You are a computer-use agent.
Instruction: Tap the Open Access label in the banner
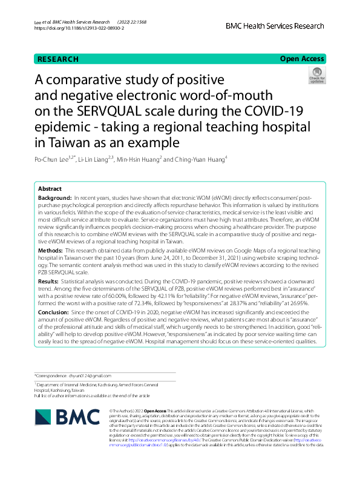[301, 59]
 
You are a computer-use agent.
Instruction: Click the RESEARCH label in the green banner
[58, 59]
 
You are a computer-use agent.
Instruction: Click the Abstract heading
[49, 189]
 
